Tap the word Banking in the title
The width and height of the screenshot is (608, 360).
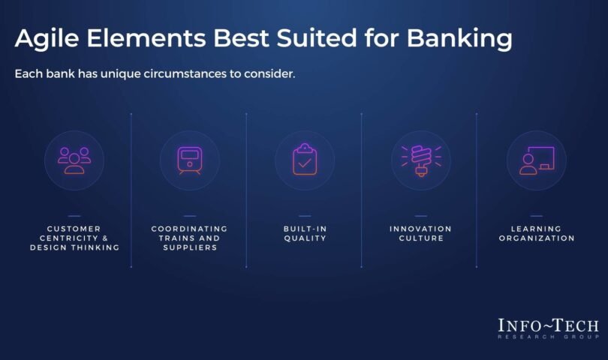coord(459,39)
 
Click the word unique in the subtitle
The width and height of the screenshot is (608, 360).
coord(121,74)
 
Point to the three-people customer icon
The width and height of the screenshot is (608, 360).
coord(74,160)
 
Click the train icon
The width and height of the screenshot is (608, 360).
coord(190,160)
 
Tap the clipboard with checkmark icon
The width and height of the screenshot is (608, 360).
coord(305,159)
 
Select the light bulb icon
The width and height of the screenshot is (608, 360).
coord(421,160)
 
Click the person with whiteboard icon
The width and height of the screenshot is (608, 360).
coord(537,160)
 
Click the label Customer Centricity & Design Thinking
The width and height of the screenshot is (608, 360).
coord(74,238)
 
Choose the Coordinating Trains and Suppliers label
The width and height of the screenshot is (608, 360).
coord(190,238)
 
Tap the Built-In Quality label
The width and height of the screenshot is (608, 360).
coord(306,234)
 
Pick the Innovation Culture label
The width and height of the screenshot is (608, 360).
coord(420,234)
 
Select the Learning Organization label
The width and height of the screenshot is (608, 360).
coord(537,234)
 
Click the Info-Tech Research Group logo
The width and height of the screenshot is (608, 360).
coord(548,328)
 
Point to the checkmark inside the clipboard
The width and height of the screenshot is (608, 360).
coord(305,163)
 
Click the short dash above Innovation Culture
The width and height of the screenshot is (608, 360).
coord(420,216)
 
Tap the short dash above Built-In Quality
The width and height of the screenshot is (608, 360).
coord(306,216)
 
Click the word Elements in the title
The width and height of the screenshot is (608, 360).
coord(146,38)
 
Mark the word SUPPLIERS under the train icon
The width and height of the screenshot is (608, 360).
coord(190,247)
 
